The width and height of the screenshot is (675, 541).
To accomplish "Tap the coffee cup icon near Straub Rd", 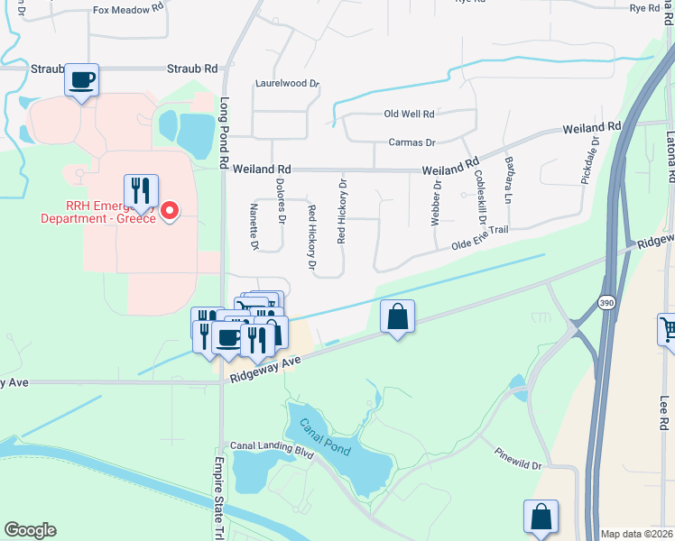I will [81, 80].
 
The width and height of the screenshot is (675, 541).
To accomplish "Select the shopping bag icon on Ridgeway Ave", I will [397, 316].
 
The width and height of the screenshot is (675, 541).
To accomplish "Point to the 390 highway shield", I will [606, 304].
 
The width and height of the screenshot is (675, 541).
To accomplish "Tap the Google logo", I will [30, 530].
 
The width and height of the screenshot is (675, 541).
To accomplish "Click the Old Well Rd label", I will [409, 114].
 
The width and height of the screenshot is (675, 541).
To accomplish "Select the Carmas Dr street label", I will [411, 142].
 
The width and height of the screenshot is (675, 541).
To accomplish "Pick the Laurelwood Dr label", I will [288, 83].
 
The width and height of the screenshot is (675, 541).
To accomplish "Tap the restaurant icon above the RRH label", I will [141, 190].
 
